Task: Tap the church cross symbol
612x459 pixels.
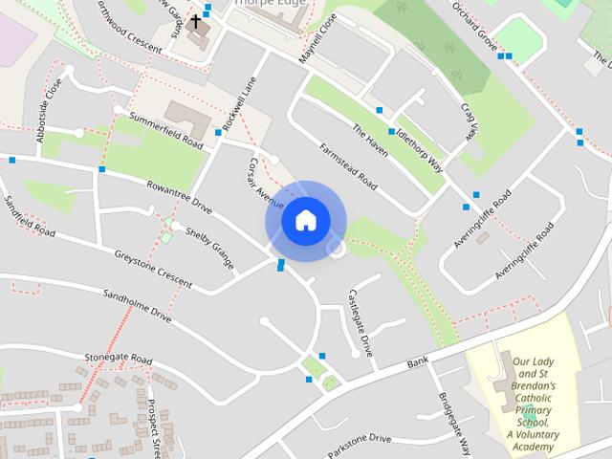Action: tap(196, 20)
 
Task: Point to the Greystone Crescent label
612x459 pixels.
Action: tap(153, 271)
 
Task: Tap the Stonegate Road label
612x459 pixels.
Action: tap(118, 359)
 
